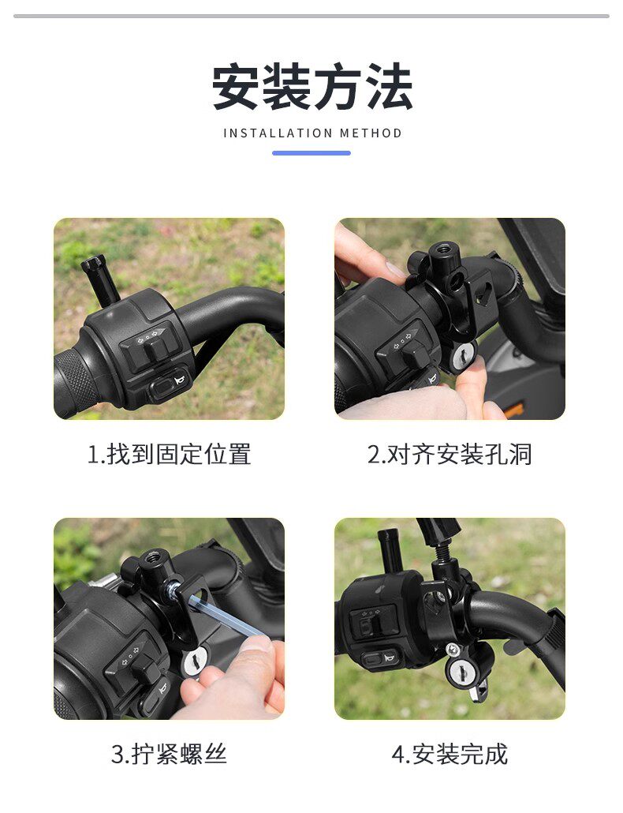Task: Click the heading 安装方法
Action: click(x=312, y=87)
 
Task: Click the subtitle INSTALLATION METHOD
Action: click(x=312, y=133)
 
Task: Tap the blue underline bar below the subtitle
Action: click(x=311, y=153)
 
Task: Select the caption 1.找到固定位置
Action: click(x=169, y=454)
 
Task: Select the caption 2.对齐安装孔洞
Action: click(x=450, y=454)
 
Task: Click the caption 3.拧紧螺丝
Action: click(x=169, y=754)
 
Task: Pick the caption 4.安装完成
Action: click(x=450, y=754)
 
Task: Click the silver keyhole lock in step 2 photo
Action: click(x=461, y=357)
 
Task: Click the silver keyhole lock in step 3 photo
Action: click(x=195, y=662)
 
